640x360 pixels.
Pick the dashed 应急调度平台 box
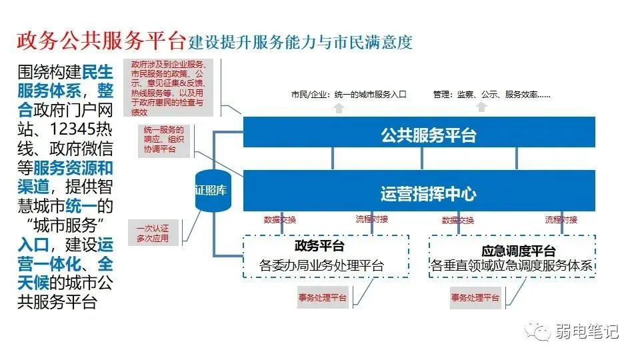[511, 257]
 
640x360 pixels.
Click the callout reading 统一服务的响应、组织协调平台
[159, 139]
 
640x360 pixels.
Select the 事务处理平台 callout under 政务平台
[323, 298]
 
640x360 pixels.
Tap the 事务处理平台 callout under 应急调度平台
[475, 298]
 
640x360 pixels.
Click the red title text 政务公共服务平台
[101, 41]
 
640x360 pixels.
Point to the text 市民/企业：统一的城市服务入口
[348, 95]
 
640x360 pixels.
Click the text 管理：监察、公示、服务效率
[491, 95]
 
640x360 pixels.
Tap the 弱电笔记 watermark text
[591, 331]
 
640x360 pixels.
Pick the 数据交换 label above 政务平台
[280, 219]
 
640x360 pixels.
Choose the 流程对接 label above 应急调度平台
[561, 219]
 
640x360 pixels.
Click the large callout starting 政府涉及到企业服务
[167, 87]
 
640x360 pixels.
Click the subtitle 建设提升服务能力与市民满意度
[300, 43]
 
